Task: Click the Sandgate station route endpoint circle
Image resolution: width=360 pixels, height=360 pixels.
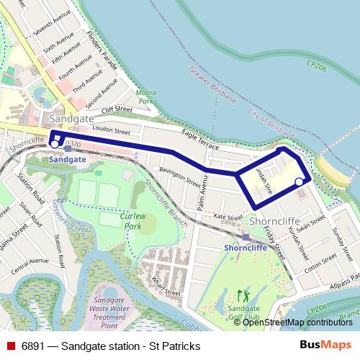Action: coord(54,144)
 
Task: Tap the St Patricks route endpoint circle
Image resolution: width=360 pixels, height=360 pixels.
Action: coord(299,183)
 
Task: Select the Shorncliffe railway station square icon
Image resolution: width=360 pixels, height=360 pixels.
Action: coord(246,237)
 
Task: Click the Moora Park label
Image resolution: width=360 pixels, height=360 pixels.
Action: coord(147,97)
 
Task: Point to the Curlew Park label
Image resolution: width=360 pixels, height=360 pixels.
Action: coord(132,220)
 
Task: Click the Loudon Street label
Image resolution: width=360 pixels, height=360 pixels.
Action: coord(112,132)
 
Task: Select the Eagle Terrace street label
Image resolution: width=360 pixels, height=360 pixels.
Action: coord(199,139)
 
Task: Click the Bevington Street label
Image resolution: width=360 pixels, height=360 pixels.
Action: coord(179,176)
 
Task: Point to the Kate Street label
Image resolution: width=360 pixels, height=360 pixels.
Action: coord(230,217)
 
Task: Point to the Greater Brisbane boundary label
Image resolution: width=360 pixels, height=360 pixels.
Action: coord(212,84)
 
